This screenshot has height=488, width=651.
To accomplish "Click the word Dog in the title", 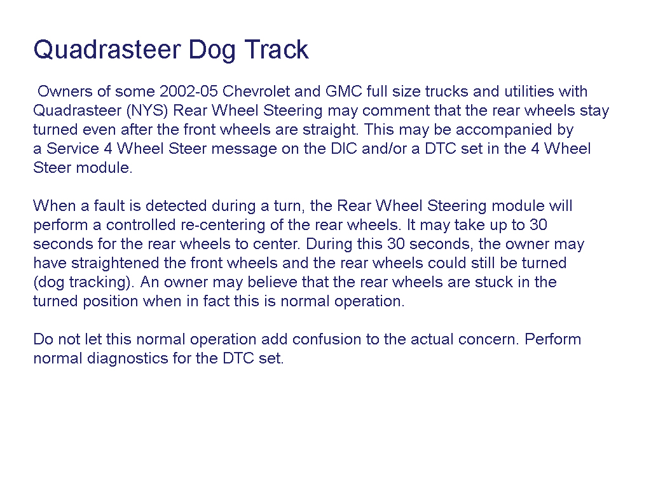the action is point(211,51).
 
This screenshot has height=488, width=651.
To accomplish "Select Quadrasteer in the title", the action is point(107,50).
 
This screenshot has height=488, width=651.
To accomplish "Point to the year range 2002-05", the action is point(189,91).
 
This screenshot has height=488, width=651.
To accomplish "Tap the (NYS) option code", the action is point(147,111).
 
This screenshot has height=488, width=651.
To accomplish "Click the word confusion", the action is point(327,339).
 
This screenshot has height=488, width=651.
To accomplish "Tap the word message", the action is point(243,149).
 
